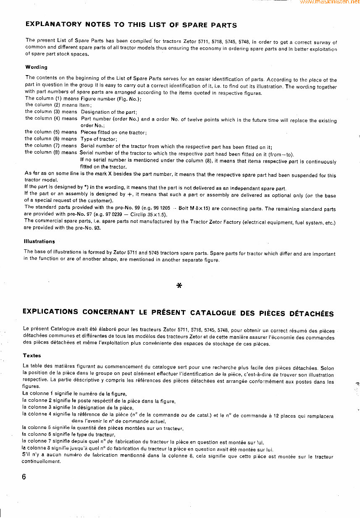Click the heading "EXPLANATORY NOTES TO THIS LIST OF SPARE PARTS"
[131, 25]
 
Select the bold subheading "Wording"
[37, 67]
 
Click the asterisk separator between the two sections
[179, 286]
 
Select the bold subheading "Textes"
[32, 356]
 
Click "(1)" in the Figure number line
[58, 99]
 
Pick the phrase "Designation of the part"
[109, 112]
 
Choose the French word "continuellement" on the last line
[41, 461]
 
